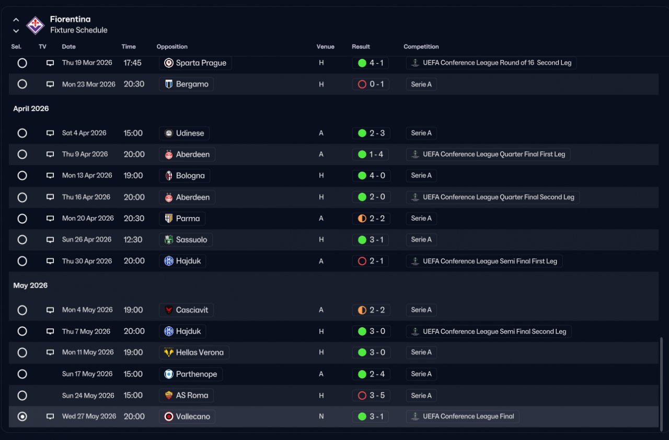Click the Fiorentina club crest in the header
(x=35, y=26)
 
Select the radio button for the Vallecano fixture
(x=22, y=417)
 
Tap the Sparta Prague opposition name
(x=201, y=63)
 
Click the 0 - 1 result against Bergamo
(x=376, y=84)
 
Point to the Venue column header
(x=325, y=46)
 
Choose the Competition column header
(x=421, y=46)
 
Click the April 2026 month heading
(x=31, y=109)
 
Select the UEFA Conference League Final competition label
(x=468, y=417)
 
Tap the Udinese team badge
(x=169, y=133)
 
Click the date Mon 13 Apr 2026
(x=87, y=175)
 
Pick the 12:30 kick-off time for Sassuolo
(x=133, y=240)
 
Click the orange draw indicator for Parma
(x=362, y=218)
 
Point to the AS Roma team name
(x=192, y=395)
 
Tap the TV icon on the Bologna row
(x=50, y=175)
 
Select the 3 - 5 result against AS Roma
(x=377, y=395)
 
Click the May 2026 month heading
(x=30, y=286)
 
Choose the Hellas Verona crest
(x=169, y=352)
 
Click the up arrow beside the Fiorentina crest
(x=16, y=20)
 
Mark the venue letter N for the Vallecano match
(x=321, y=417)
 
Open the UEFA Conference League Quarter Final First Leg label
(x=494, y=154)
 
